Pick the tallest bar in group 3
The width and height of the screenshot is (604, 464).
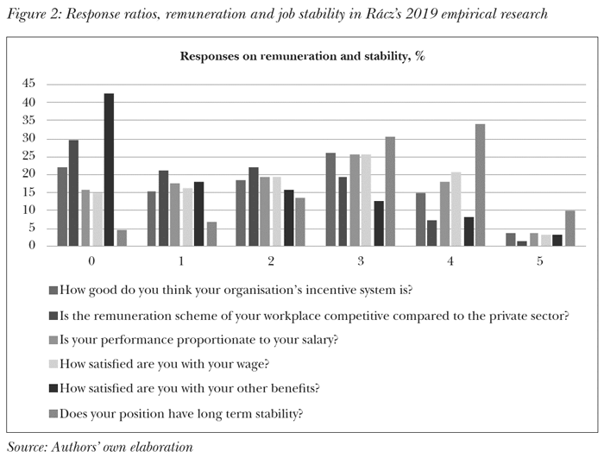coord(390,191)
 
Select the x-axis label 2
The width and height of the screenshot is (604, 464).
coord(271,260)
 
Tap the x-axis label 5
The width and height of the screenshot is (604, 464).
coord(539,260)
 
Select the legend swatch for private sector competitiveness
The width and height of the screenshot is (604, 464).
coord(54,316)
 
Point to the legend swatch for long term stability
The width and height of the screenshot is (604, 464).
coord(54,414)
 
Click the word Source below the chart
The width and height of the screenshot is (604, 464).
coord(28,447)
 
